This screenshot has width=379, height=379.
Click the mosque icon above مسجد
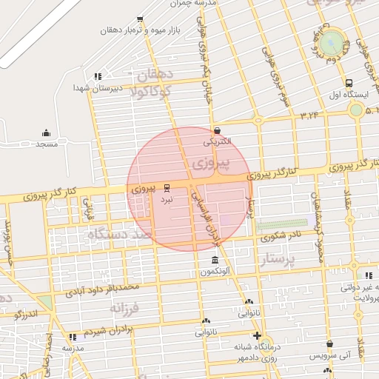pyautogui.click(x=46, y=133)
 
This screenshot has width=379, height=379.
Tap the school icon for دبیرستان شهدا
pyautogui.click(x=97, y=76)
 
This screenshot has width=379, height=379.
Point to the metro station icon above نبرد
pyautogui.click(x=167, y=188)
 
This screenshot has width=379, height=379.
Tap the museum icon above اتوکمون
pyautogui.click(x=215, y=261)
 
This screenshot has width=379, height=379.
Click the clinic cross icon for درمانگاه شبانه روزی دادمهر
pyautogui.click(x=256, y=335)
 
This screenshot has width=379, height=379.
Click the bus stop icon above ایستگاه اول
pyautogui.click(x=348, y=83)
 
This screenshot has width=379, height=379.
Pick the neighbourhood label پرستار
pyautogui.click(x=278, y=259)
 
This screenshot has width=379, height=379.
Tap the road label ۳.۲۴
pyautogui.click(x=309, y=115)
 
